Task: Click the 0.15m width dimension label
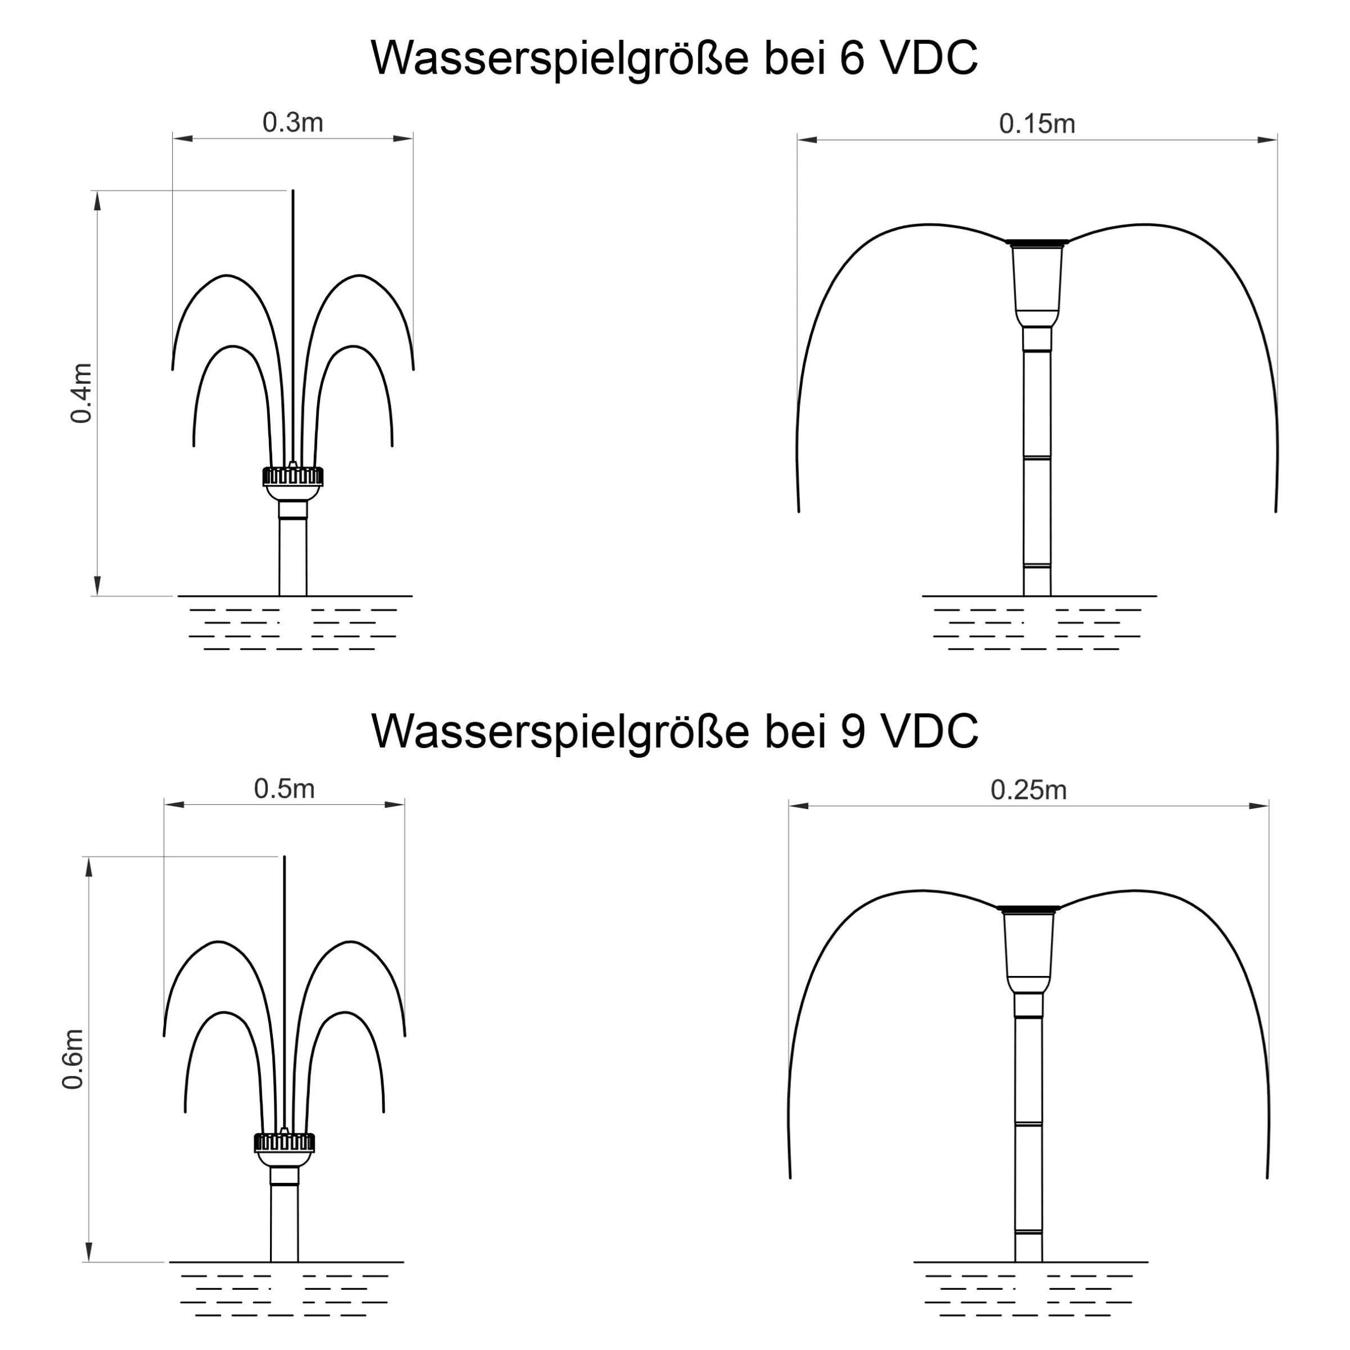coord(1037,124)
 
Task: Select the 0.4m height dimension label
coord(81,393)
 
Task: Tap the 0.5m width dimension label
coord(285,789)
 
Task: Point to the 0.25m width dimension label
coord(1029,790)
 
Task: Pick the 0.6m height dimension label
coord(73,1059)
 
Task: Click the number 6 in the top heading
coord(851,58)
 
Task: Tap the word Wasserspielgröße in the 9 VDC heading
coord(560,733)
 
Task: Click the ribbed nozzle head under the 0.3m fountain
coord(292,476)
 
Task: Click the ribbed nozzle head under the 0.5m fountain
coord(285,1143)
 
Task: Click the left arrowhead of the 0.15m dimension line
coord(808,139)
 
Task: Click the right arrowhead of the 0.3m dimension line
coord(403,138)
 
